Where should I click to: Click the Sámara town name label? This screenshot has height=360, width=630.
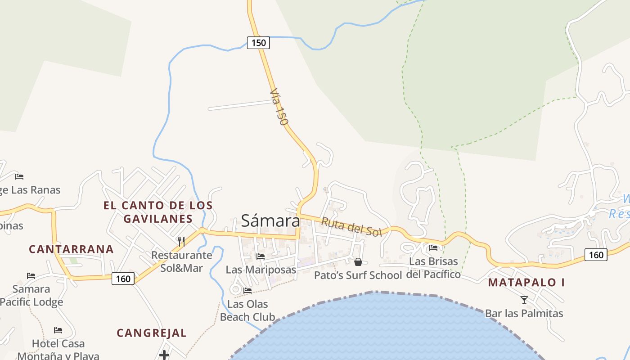pyautogui.click(x=270, y=220)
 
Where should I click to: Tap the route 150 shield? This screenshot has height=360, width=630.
pyautogui.click(x=258, y=43)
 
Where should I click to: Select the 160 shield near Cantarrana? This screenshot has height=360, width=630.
pyautogui.click(x=123, y=279)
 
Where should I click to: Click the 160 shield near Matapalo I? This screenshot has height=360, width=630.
pyautogui.click(x=596, y=255)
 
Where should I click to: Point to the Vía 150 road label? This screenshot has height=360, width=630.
pyautogui.click(x=279, y=107)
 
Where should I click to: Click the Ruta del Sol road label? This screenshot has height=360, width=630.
pyautogui.click(x=351, y=226)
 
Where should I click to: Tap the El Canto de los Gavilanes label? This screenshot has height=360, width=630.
pyautogui.click(x=158, y=212)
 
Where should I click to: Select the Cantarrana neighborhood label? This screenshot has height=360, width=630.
pyautogui.click(x=71, y=249)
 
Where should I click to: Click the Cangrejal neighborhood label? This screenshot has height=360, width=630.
pyautogui.click(x=152, y=333)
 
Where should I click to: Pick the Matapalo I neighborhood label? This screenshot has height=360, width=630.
pyautogui.click(x=526, y=282)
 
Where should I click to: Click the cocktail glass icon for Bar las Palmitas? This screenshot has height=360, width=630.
pyautogui.click(x=524, y=300)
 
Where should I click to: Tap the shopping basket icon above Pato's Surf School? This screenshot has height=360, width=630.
pyautogui.click(x=358, y=262)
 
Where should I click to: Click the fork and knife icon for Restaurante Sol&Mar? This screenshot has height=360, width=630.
pyautogui.click(x=181, y=242)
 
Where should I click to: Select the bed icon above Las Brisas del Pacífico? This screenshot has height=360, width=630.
pyautogui.click(x=433, y=247)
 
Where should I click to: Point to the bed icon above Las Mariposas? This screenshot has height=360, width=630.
pyautogui.click(x=261, y=256)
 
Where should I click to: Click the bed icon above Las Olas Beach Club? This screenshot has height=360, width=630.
pyautogui.click(x=247, y=291)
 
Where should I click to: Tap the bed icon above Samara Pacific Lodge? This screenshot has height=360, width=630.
pyautogui.click(x=31, y=275)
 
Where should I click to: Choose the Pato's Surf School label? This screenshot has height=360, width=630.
pyautogui.click(x=358, y=275)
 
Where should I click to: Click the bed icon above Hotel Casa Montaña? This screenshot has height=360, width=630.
pyautogui.click(x=58, y=330)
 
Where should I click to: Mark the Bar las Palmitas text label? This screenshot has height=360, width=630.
pyautogui.click(x=524, y=313)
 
